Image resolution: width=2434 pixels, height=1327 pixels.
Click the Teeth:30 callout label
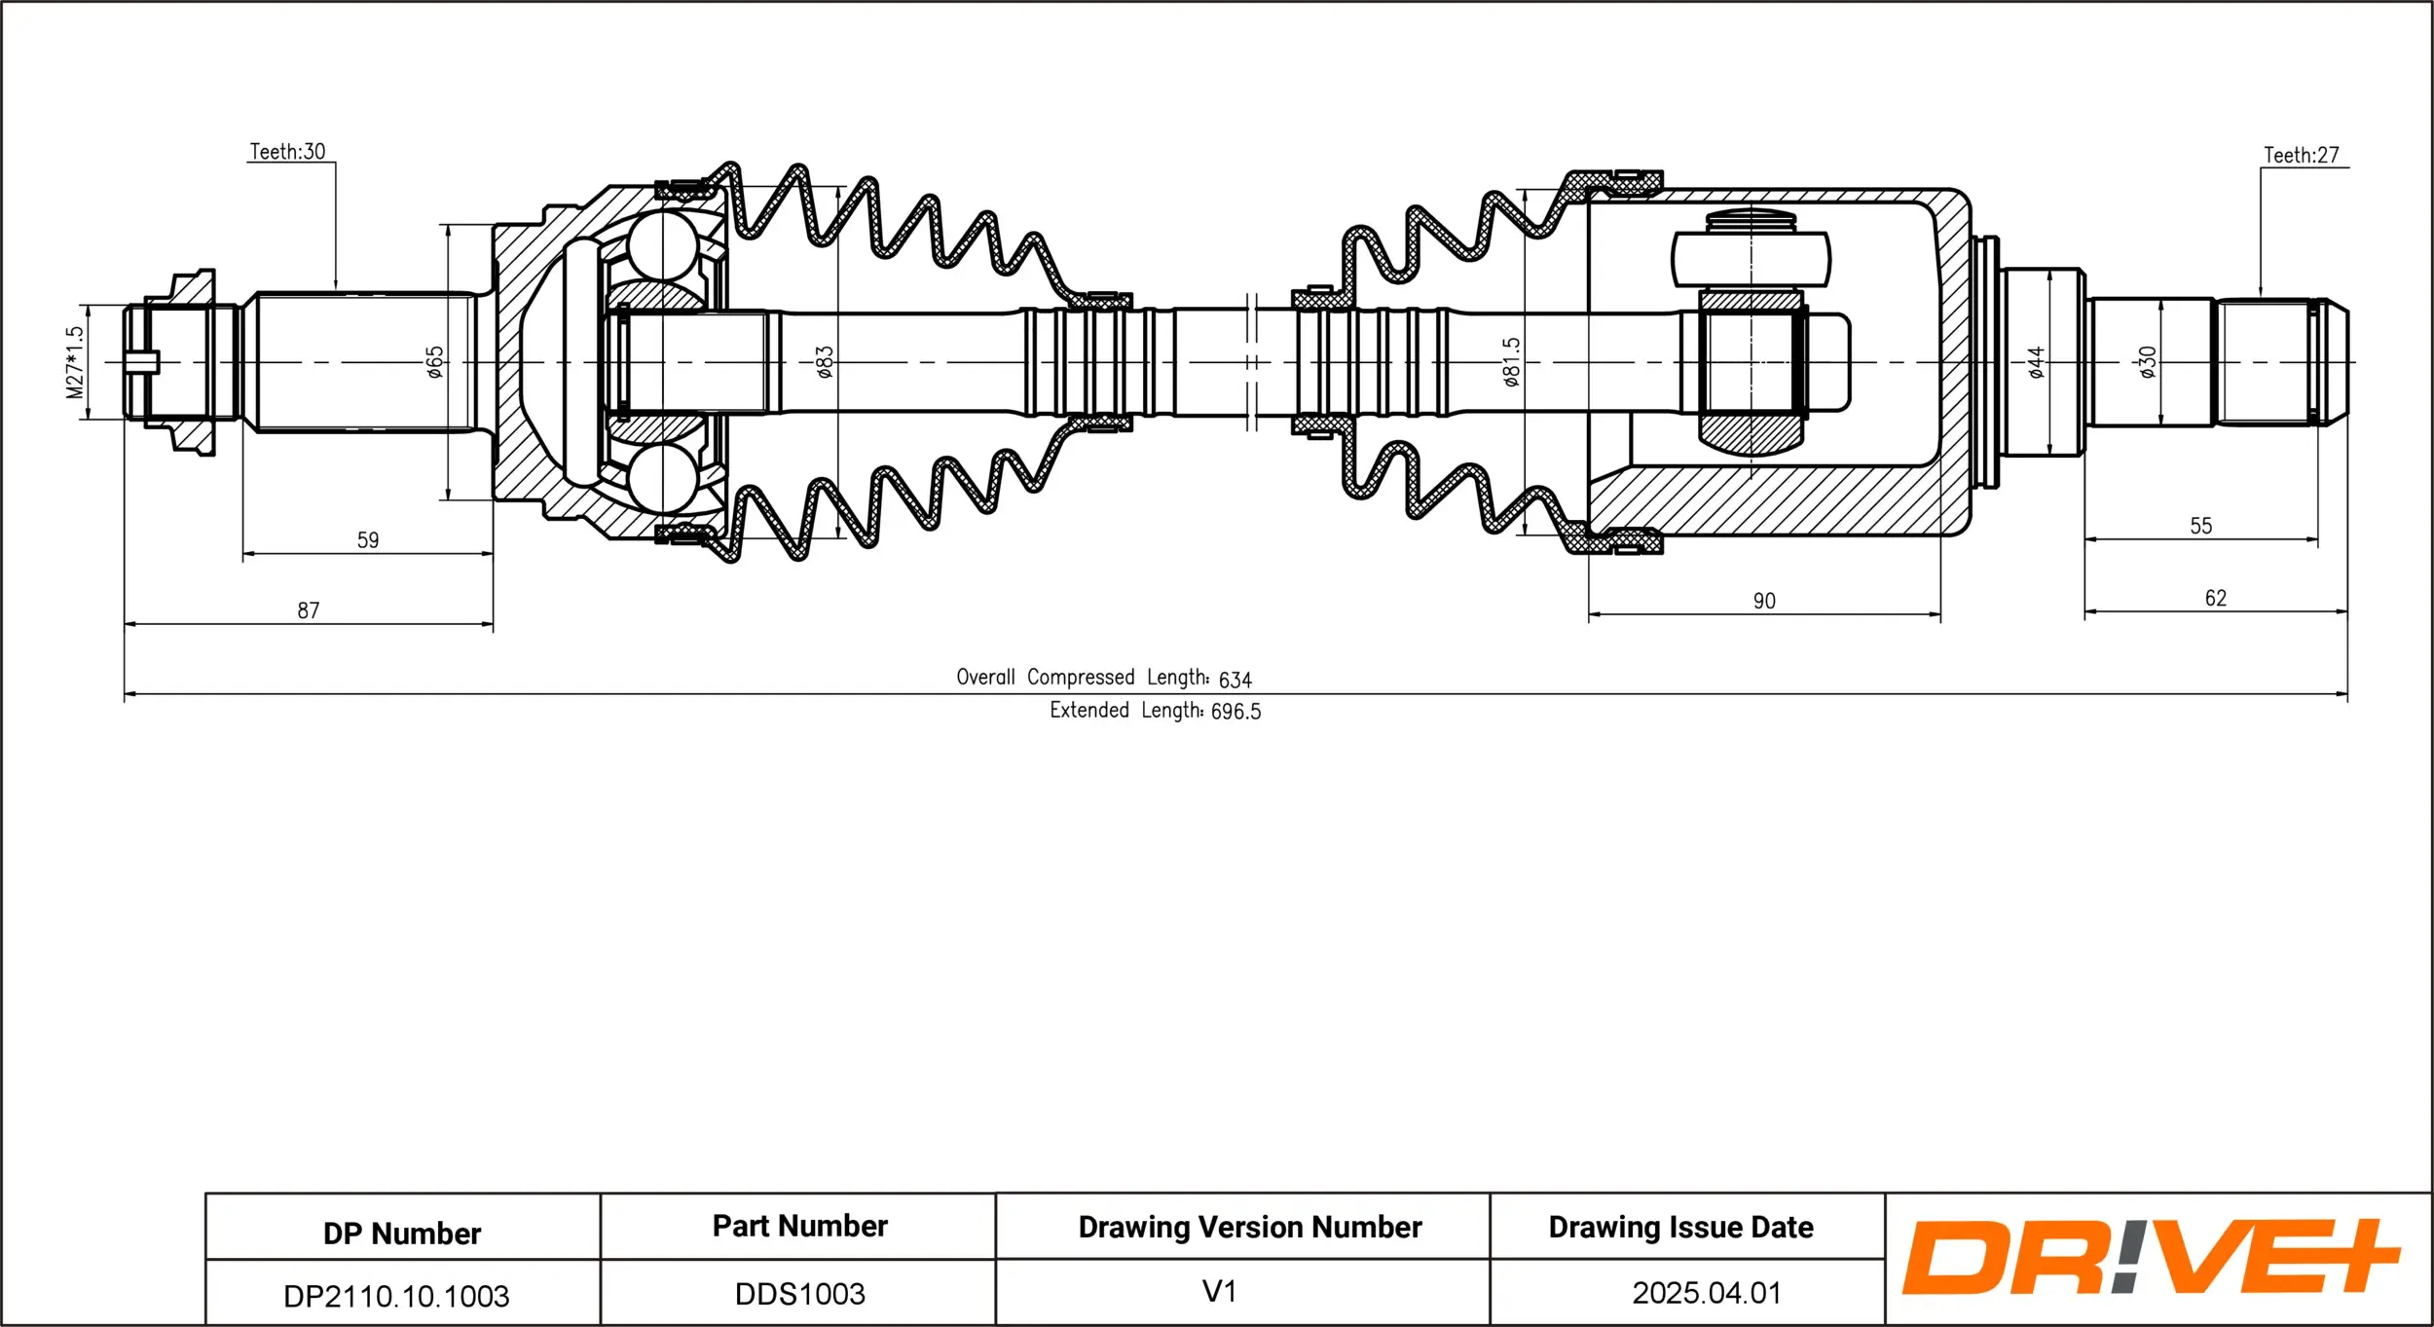coord(287,152)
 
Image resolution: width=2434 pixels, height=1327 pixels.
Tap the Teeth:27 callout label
coord(2301,156)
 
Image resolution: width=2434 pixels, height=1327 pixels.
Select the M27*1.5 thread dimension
coord(75,362)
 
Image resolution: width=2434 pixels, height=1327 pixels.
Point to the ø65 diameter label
coord(435,362)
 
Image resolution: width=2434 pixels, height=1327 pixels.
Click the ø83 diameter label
coord(825,362)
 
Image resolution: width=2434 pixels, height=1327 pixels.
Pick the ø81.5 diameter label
coord(1510,362)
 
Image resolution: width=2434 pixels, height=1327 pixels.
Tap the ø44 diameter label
coord(2036,362)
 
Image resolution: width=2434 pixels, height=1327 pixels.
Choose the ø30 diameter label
coord(2148,362)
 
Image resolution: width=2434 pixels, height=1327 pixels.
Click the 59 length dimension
coord(368,540)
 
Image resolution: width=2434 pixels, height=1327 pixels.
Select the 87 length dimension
coord(309,610)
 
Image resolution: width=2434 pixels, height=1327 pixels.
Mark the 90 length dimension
coord(1764,601)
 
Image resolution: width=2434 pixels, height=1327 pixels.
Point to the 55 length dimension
coord(2201,526)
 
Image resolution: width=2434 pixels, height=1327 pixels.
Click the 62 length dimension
coord(2216,598)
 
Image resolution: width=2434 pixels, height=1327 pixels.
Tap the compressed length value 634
coord(1235,680)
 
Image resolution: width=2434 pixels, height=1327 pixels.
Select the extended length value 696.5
coord(1235,712)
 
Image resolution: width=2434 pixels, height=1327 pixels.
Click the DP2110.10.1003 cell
coord(396,1296)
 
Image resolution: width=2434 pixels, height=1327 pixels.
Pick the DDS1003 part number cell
coord(799,1294)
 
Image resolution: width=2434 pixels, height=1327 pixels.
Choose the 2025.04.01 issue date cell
coord(1707,1293)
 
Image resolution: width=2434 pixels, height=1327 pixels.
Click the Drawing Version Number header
coord(1250,1227)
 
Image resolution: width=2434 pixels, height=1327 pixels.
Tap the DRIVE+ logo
coord(2151,1257)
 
